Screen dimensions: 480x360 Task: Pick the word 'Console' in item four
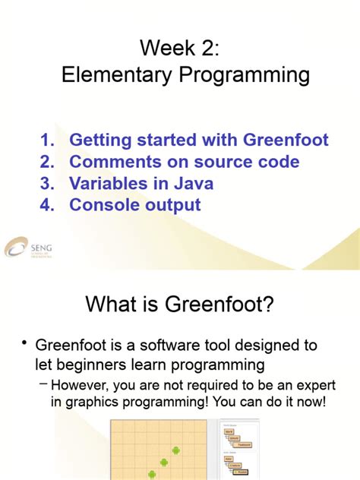tap(104, 204)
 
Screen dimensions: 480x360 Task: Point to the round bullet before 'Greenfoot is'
tap(25, 344)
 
